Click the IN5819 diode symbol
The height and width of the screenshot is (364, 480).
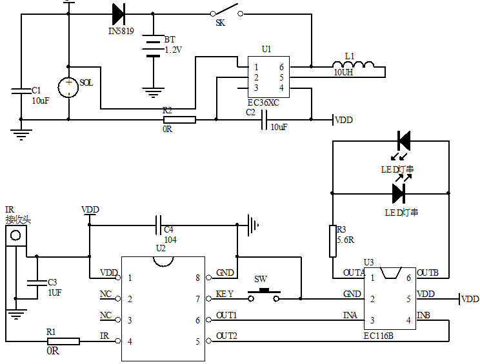[x=118, y=14]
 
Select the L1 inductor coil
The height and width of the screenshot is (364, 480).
[x=353, y=65]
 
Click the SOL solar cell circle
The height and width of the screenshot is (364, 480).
[x=69, y=87]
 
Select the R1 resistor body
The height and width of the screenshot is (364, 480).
[x=63, y=341]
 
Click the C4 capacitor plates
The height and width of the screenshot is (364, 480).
[x=159, y=225]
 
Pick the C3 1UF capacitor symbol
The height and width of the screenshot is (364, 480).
[x=32, y=282]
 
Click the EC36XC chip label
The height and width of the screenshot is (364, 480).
[x=263, y=102]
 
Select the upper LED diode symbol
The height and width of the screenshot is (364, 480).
[x=404, y=140]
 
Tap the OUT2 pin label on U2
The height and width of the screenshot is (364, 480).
[x=226, y=336]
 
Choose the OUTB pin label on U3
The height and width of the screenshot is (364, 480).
[x=428, y=273]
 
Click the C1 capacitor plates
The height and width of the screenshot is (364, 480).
[x=21, y=91]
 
